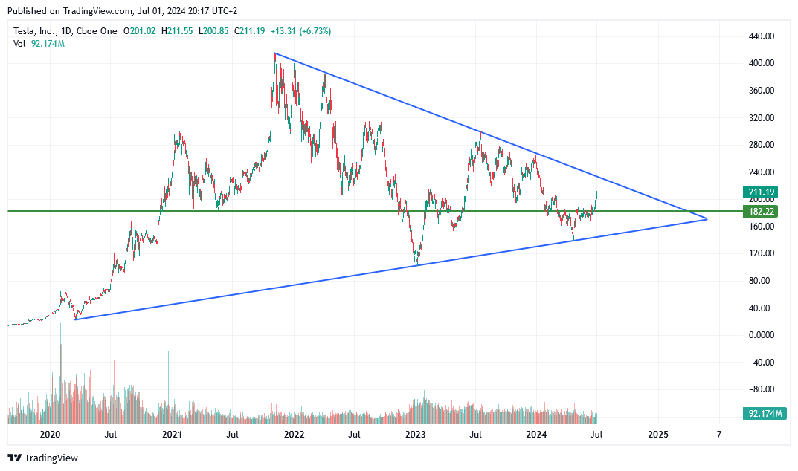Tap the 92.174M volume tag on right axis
click(x=761, y=413)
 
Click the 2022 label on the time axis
click(x=294, y=433)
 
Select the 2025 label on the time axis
click(x=657, y=433)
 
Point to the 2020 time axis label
click(x=50, y=433)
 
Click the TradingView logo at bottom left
click(x=43, y=458)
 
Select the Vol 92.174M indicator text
click(x=39, y=44)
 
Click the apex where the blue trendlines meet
click(x=707, y=219)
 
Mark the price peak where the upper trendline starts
click(x=274, y=53)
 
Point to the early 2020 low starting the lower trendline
click(x=76, y=319)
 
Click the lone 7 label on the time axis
click(x=718, y=433)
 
